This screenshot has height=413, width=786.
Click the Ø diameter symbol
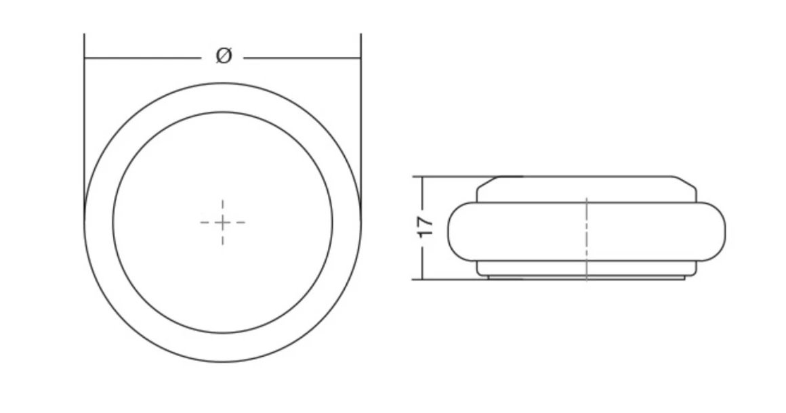224,56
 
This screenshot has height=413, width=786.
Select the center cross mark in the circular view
223,222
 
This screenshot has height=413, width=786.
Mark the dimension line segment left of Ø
142,58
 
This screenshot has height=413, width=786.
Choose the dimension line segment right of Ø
302,58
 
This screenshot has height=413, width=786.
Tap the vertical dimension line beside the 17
422,196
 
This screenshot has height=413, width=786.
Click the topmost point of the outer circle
223,83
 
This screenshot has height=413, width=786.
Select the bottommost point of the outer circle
223,362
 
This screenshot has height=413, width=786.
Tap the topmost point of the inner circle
223,112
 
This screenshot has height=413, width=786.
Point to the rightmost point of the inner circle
333,222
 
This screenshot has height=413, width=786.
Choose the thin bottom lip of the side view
587,278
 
